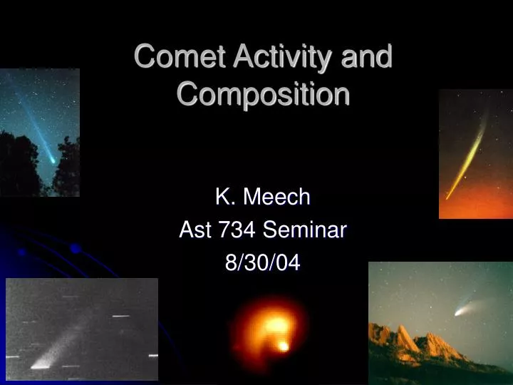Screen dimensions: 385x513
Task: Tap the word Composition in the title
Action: pos(263,94)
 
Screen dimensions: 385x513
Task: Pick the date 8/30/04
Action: pos(263,263)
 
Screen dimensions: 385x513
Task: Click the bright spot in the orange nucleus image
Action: pos(283,346)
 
